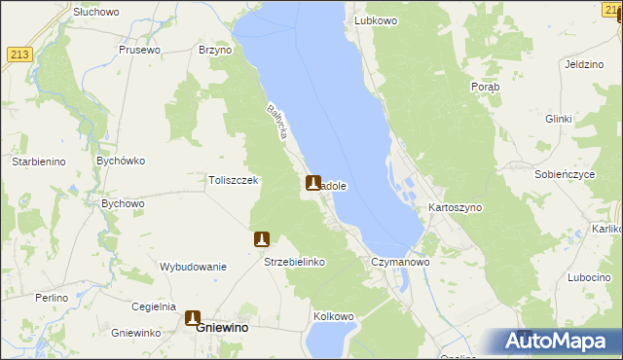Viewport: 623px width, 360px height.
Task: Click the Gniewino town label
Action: point(221,329)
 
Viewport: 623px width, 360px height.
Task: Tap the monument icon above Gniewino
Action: point(193,317)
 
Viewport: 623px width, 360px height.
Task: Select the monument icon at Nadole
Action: point(313,182)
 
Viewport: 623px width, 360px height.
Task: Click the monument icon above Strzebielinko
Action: point(261,239)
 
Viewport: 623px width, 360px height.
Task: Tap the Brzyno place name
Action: point(214,50)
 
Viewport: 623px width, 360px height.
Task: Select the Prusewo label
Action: point(139,50)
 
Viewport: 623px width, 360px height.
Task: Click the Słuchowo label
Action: point(95,12)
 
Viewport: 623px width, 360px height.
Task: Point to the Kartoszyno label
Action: point(455,208)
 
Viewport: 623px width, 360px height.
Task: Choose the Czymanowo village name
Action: point(400,263)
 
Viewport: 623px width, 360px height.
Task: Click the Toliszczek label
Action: point(233,180)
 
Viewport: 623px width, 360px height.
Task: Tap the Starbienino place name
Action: point(38,162)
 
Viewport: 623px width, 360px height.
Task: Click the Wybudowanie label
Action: point(193,267)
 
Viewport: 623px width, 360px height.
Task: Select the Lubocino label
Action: point(589,277)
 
